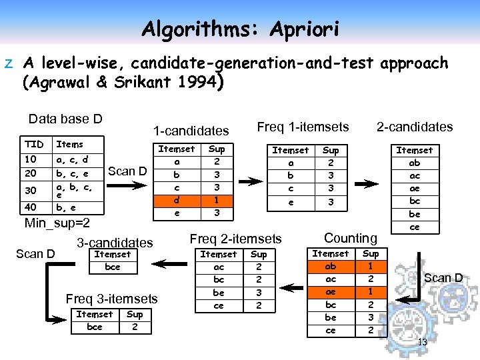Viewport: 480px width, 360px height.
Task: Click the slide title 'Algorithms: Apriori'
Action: [x=240, y=29]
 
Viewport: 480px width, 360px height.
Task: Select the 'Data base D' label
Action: [x=65, y=119]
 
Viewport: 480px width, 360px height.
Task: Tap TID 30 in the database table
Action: [x=30, y=190]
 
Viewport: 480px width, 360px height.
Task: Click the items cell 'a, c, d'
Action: [x=72, y=161]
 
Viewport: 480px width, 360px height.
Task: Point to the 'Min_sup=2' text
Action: [x=57, y=222]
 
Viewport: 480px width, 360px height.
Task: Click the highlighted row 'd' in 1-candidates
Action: [x=177, y=200]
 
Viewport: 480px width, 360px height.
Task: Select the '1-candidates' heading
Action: [x=191, y=131]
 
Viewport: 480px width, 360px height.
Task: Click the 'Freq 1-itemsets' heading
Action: [x=303, y=127]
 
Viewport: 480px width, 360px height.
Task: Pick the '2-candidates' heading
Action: [x=414, y=127]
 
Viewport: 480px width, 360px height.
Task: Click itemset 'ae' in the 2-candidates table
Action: [x=414, y=188]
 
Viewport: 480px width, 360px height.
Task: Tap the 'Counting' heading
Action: [x=350, y=238]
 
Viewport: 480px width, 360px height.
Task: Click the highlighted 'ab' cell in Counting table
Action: [x=331, y=267]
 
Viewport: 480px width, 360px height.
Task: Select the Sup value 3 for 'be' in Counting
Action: [x=371, y=317]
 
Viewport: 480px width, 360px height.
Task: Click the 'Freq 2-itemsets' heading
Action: [x=235, y=238]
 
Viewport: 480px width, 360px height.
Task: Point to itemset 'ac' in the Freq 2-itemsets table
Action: [x=218, y=267]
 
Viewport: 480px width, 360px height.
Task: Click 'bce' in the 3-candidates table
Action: [x=113, y=267]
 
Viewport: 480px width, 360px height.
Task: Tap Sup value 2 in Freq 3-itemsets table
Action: [x=135, y=327]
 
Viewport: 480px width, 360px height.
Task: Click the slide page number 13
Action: [x=422, y=343]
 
